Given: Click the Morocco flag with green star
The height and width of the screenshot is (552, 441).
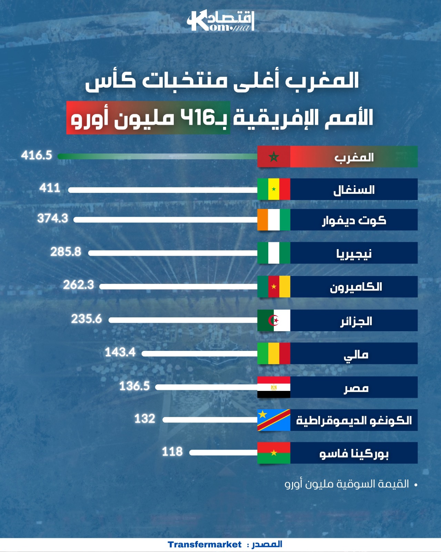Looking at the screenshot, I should point(274,157).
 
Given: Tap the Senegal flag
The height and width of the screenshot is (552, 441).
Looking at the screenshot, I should point(274,189).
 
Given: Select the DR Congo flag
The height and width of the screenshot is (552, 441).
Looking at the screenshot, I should point(274,420).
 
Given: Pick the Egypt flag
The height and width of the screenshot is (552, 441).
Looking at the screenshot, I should point(274,387).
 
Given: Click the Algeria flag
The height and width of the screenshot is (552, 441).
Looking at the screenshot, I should point(274,321).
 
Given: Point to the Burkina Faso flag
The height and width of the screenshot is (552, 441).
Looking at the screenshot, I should point(274,453).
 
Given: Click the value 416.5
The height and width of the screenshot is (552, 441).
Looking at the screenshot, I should point(37,155).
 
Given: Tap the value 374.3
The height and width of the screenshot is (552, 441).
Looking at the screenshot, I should point(53,218).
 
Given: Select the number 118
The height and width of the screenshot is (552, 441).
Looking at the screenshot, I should point(172,452).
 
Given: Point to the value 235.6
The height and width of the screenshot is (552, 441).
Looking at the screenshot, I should point(87,319).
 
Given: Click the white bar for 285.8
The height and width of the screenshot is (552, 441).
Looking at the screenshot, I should point(173,253).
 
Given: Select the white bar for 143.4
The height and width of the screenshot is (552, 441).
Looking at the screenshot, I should point(200,354).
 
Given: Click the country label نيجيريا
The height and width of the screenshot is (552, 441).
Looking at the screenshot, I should point(354,254).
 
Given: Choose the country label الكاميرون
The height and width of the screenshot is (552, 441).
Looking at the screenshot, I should point(356,287).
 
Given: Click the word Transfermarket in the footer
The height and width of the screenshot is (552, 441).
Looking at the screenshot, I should point(204,545).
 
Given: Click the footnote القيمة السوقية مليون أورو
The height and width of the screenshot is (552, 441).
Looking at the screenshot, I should point(347,484).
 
